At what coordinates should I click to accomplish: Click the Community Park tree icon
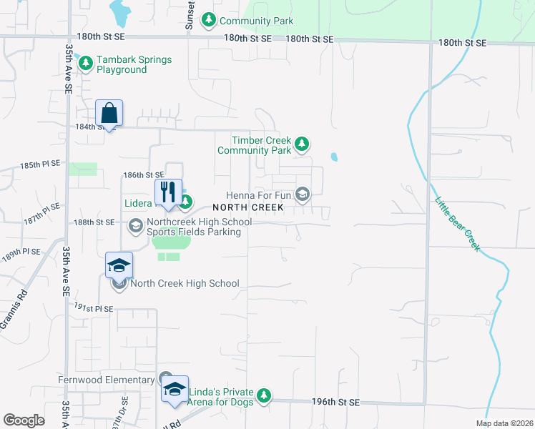pyautogui.click(x=209, y=21)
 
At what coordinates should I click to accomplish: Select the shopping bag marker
pyautogui.click(x=109, y=114)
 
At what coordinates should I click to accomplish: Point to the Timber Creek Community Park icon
pyautogui.click(x=302, y=145)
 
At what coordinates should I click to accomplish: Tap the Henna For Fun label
pyautogui.click(x=260, y=194)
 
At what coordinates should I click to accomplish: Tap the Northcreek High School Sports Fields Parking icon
pyautogui.click(x=135, y=227)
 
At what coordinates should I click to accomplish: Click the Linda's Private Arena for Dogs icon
pyautogui.click(x=264, y=396)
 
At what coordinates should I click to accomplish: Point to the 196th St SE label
pyautogui.click(x=335, y=403)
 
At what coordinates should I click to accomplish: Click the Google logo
pyautogui.click(x=24, y=420)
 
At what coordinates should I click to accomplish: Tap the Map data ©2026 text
pyautogui.click(x=504, y=423)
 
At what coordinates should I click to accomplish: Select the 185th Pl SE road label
pyautogui.click(x=40, y=164)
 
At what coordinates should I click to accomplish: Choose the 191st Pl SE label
pyautogui.click(x=94, y=308)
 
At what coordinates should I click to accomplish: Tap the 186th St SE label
pyautogui.click(x=144, y=174)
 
